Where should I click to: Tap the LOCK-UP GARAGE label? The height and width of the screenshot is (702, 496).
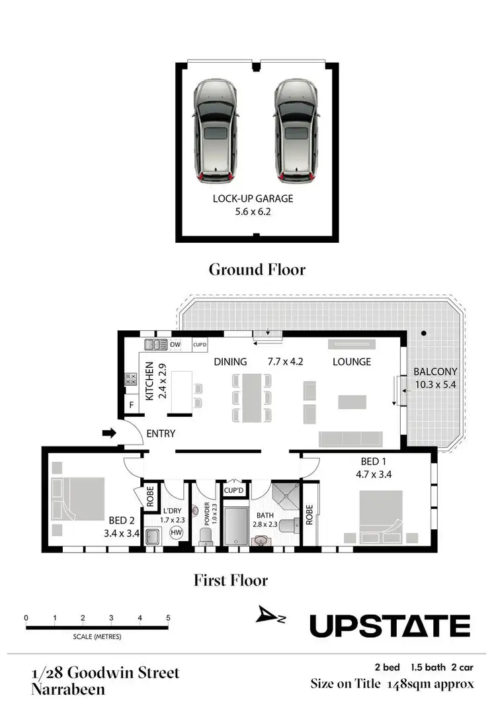coord(253,198)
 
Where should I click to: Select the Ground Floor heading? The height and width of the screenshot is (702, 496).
coord(257,269)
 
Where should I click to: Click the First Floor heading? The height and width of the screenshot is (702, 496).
coord(231,580)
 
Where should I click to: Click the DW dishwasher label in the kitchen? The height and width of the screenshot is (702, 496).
coord(175,345)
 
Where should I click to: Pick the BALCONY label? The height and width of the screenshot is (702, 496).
coord(431,371)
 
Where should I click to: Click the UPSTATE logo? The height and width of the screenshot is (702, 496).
coord(390,625)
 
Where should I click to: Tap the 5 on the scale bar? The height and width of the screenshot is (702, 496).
coord(168,617)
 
